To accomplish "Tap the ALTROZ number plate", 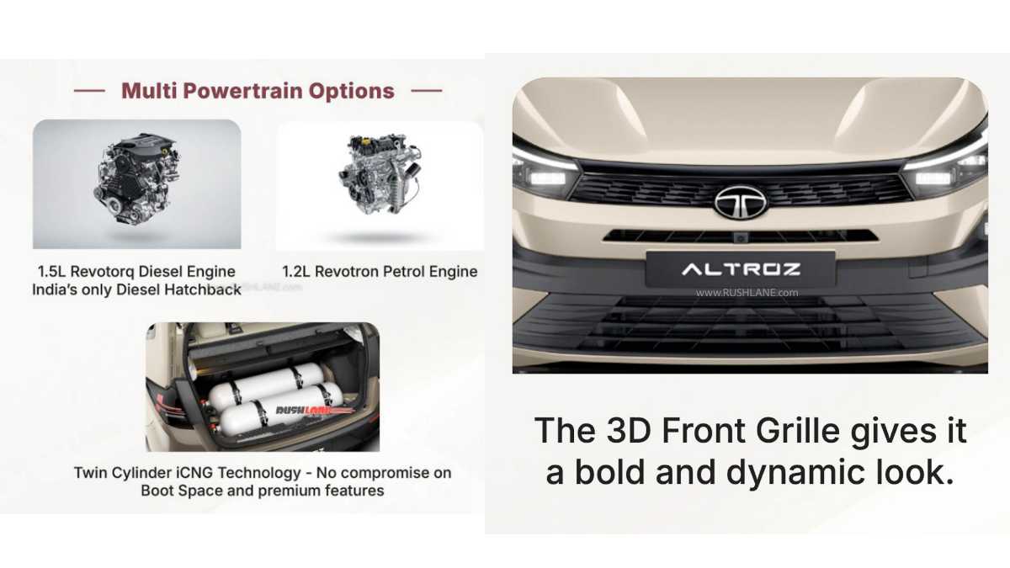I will [741, 269].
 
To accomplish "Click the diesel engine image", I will [137, 184].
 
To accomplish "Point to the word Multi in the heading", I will [146, 91].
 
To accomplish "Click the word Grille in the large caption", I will [784, 431].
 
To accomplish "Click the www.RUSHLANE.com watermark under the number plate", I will [747, 293].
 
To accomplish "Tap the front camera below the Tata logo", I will [740, 239].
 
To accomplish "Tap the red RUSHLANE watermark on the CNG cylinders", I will [295, 410].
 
